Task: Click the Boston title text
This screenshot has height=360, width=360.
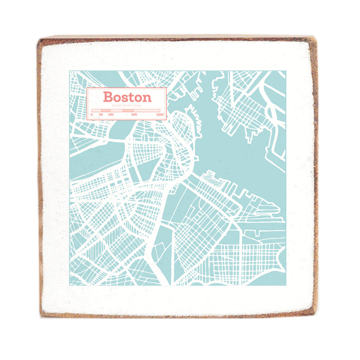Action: pos(127,97)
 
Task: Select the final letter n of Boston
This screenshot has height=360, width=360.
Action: pos(147,98)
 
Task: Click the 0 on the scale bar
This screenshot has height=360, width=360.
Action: pos(91,114)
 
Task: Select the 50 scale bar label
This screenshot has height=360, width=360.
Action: pos(101,114)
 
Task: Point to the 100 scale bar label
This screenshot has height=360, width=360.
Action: pos(111,114)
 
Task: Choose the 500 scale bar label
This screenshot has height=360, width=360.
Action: pos(134,114)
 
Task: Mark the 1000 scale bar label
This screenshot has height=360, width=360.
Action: pos(159,114)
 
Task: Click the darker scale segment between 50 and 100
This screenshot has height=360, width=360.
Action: pos(106,110)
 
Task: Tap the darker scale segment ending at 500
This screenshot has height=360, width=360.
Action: pos(128,110)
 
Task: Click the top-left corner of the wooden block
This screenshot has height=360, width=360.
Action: pos(39,38)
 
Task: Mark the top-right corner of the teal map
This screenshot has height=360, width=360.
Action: pos(285,71)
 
